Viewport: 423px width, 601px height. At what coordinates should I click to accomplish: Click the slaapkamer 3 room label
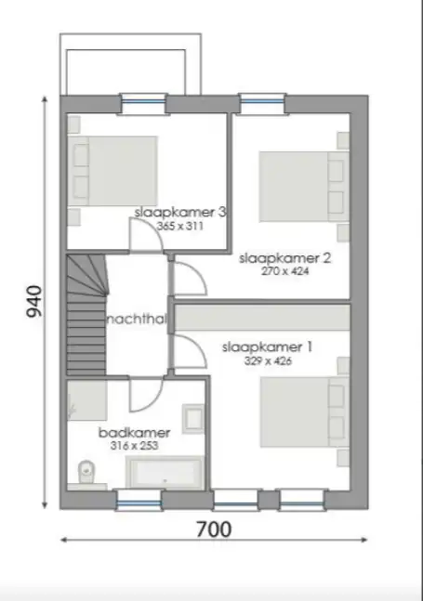pyautogui.click(x=180, y=213)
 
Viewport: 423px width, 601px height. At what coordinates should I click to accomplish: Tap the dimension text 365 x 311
pyautogui.click(x=179, y=226)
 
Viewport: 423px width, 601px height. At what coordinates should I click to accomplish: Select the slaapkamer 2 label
pyautogui.click(x=284, y=258)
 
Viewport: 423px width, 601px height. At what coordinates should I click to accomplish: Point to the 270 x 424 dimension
pyautogui.click(x=284, y=271)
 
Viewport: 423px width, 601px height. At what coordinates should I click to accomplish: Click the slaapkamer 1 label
pyautogui.click(x=268, y=347)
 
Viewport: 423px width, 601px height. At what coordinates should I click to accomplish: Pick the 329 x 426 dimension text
pyautogui.click(x=268, y=360)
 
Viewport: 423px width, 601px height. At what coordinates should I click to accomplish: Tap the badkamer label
pyautogui.click(x=134, y=433)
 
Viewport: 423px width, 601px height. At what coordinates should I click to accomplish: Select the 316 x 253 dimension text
pyautogui.click(x=134, y=446)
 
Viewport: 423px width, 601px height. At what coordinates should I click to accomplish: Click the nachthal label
pyautogui.click(x=137, y=320)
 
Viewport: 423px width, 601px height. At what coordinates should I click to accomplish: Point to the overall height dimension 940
pyautogui.click(x=33, y=301)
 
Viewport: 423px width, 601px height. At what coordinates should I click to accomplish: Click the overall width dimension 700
pyautogui.click(x=214, y=529)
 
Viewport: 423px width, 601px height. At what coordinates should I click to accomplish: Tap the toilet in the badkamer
pyautogui.click(x=86, y=472)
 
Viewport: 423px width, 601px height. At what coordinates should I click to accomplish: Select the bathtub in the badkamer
pyautogui.click(x=165, y=472)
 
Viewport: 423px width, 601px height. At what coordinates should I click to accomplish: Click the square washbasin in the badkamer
pyautogui.click(x=192, y=418)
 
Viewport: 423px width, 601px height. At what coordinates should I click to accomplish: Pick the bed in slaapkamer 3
pyautogui.click(x=112, y=171)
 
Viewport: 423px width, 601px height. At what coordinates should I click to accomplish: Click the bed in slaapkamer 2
pyautogui.click(x=304, y=187)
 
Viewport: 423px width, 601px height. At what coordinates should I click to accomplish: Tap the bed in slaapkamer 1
pyautogui.click(x=305, y=412)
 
